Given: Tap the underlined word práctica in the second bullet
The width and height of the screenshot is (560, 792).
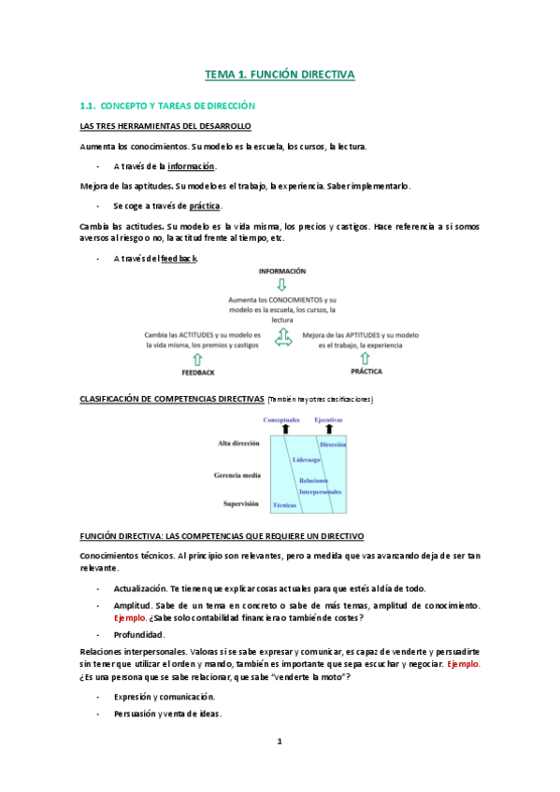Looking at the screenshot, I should tap(205, 205).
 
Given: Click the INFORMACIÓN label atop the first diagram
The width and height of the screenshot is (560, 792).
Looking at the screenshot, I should tap(281, 271).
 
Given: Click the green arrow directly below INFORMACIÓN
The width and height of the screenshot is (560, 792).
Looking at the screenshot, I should tap(281, 284).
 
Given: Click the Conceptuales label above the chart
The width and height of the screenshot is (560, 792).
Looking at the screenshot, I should tap(281, 419).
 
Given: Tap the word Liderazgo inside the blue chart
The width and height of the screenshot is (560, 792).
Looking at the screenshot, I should tap(306, 460).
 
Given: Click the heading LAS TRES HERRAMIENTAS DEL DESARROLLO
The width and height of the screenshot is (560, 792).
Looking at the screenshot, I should tap(165, 127).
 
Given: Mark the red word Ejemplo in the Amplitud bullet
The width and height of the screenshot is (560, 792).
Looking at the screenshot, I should tap(129, 618).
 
